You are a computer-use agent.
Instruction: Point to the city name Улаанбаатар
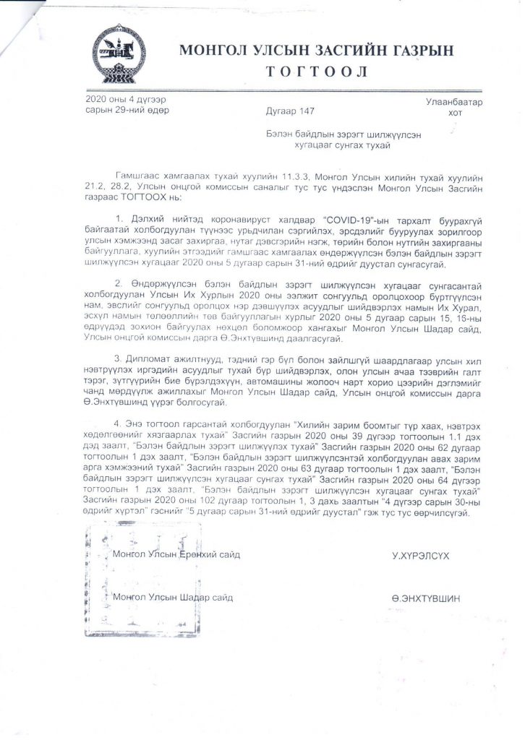point(455,103)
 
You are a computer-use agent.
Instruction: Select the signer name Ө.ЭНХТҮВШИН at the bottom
point(425,598)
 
